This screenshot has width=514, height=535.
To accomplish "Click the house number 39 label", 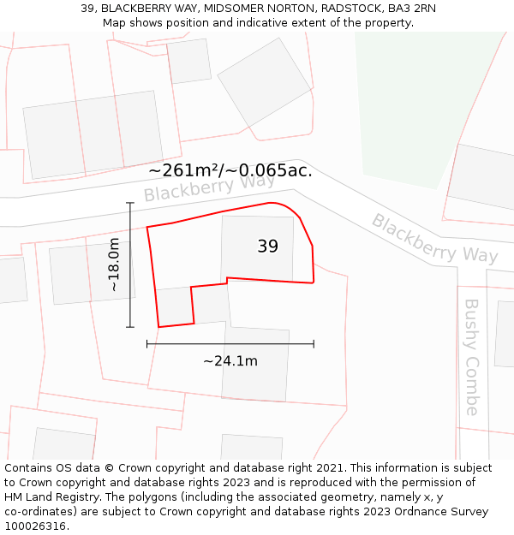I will (x=267, y=247).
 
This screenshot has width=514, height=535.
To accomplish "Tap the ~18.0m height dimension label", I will (x=115, y=265).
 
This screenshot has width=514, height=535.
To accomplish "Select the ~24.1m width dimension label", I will (x=230, y=361).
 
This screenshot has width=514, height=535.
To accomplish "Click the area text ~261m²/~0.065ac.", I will (x=230, y=170).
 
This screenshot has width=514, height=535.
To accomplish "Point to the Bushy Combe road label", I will (x=472, y=356).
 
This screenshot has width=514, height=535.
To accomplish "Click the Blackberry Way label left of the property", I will (x=209, y=187).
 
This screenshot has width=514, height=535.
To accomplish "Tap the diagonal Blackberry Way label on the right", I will (x=434, y=238).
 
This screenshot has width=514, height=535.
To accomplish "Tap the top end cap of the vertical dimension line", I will (x=130, y=203).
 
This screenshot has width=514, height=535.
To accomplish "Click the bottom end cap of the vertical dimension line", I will (x=130, y=327).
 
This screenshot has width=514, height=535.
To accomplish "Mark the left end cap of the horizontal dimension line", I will (x=147, y=343).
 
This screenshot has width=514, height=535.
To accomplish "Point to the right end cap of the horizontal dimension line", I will (x=314, y=343).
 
